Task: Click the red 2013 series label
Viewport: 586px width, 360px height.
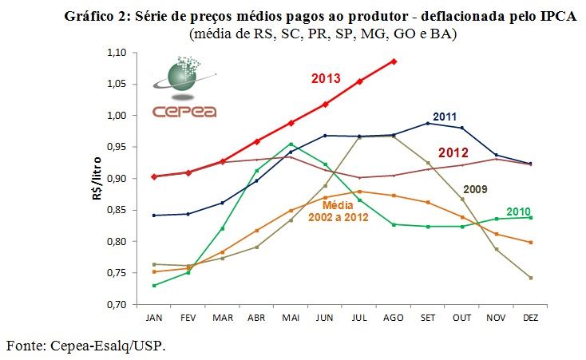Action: [326, 78]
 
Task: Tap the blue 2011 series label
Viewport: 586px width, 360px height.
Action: [444, 117]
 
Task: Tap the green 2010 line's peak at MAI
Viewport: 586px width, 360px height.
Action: [290, 144]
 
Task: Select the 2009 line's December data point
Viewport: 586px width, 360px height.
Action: [531, 278]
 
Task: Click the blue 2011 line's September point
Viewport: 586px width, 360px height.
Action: [427, 123]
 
